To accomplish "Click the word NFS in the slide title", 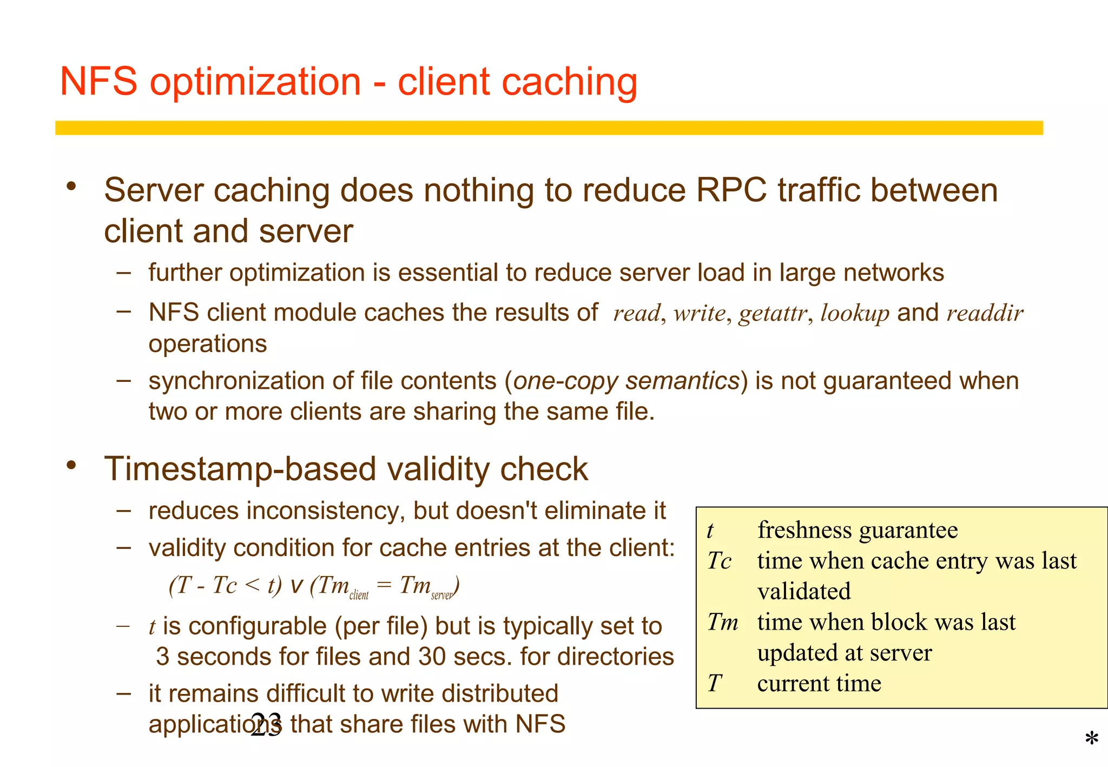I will click(98, 82).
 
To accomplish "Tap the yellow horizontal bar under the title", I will click(549, 128).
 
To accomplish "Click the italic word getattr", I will click(773, 313).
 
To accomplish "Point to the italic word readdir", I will click(985, 313).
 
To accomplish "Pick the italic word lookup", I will click(854, 314).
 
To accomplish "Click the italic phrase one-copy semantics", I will click(626, 381).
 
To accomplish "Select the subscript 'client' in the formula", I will click(359, 596).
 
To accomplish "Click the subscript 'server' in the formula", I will click(442, 596).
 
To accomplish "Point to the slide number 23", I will click(266, 724).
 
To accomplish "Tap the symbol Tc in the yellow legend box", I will click(719, 561).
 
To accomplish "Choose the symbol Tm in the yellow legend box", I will click(722, 622).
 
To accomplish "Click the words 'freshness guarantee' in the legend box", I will click(857, 530).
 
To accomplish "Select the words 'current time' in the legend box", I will click(819, 684).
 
